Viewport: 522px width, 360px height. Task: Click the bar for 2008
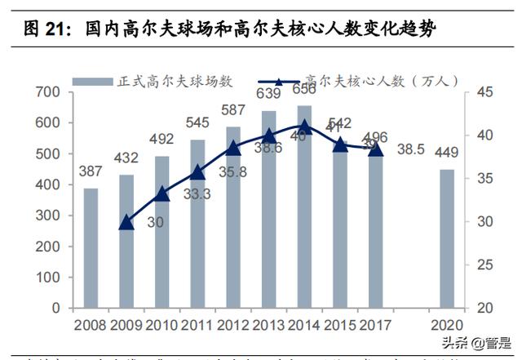91,248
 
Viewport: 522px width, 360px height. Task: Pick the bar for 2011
197,224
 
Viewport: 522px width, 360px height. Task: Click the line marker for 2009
126,222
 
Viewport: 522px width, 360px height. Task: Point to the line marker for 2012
233,148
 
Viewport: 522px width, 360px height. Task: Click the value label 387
91,173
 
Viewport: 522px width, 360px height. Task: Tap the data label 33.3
197,194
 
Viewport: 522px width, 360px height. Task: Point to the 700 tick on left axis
48,92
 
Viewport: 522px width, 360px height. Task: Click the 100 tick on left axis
48,278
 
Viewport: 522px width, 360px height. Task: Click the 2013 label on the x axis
268,324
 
